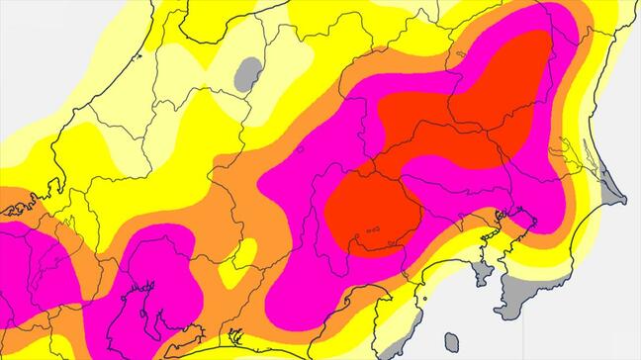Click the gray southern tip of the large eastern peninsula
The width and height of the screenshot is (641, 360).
coord(515,297)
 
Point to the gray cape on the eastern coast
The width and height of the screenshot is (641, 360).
coord(605,182)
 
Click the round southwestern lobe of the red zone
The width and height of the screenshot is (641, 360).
coord(372,212)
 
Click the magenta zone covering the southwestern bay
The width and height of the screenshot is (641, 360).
coord(148,297)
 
